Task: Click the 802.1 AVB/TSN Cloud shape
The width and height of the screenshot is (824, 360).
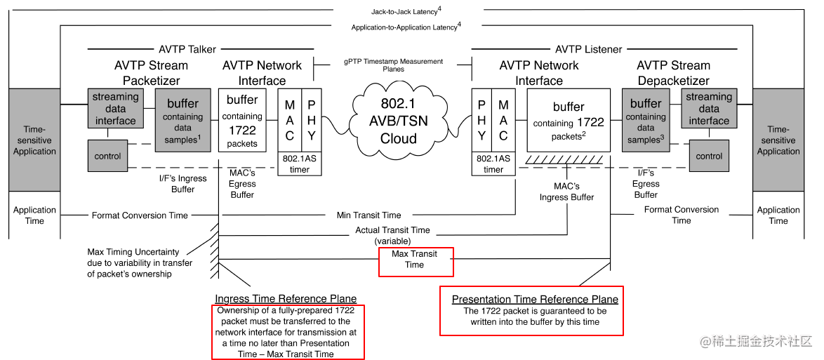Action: (x=399, y=121)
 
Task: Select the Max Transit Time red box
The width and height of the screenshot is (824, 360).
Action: (x=416, y=260)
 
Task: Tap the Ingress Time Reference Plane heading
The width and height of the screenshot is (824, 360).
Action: (x=286, y=299)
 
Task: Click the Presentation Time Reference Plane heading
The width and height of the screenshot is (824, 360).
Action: (x=535, y=300)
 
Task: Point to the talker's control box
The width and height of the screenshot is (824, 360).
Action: (x=107, y=156)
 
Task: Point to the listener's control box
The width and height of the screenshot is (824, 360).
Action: (x=709, y=156)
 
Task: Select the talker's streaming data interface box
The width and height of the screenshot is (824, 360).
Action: (x=115, y=109)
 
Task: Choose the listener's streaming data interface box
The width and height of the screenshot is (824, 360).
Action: (x=709, y=109)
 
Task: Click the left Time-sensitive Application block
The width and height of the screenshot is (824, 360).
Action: (x=34, y=140)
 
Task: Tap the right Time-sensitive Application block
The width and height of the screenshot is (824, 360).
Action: (x=778, y=140)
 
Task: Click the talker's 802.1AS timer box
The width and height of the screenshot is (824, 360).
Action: (x=299, y=164)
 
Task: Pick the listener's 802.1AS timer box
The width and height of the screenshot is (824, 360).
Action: (x=493, y=164)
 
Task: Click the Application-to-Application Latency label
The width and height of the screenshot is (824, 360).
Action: (x=406, y=27)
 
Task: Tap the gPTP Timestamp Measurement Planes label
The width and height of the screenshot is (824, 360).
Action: (x=393, y=65)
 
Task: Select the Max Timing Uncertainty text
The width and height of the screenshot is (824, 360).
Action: (x=133, y=262)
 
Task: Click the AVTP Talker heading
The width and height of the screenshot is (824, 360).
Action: (x=187, y=49)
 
